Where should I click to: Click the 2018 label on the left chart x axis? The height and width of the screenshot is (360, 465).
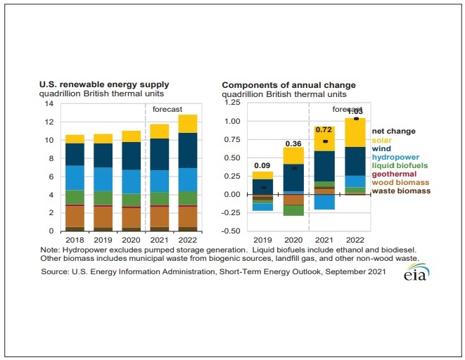click(74, 239)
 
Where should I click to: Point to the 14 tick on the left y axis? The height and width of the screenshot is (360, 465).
click(49, 103)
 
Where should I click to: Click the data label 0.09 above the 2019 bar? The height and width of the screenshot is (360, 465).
click(263, 166)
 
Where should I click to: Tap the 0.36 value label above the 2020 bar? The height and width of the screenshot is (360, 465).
click(293, 143)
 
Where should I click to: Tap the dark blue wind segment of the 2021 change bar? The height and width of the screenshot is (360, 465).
click(324, 166)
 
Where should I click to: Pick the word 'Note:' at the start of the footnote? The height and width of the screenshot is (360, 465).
click(52, 250)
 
